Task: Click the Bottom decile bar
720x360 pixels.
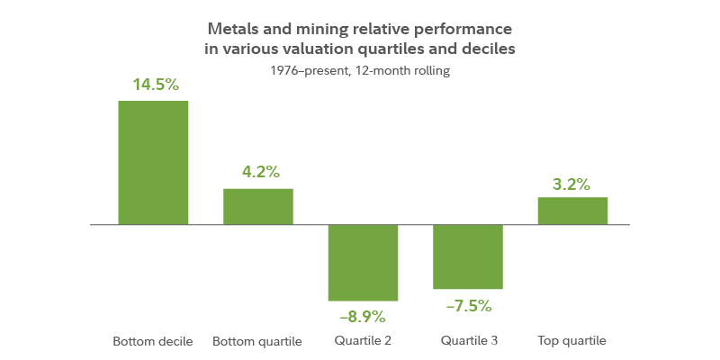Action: coord(153,163)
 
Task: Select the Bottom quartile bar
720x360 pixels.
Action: coord(258,206)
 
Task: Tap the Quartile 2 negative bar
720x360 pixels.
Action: coord(363,263)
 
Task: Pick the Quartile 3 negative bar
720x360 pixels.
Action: coord(468,257)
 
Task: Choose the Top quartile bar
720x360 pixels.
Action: coord(572,211)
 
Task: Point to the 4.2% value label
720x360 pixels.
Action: coord(259,172)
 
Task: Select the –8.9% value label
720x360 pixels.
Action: coord(363,316)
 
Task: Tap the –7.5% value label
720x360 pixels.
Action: coord(468,305)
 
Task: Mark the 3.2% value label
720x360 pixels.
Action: coord(571,184)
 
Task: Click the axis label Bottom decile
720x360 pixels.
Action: coord(153,341)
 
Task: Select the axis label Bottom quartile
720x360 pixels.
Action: coord(257,341)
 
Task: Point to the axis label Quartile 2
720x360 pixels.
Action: coord(363,341)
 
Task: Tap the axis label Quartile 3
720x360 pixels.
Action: coord(468,341)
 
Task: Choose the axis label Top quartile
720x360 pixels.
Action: coord(571,341)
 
